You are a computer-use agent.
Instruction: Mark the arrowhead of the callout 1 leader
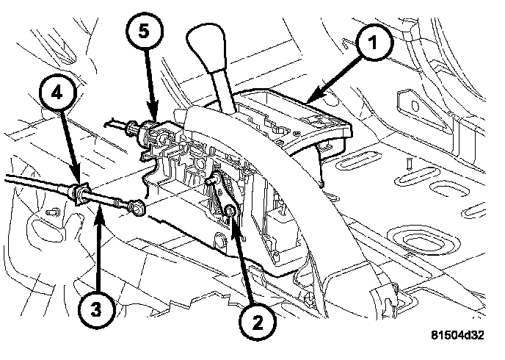309,100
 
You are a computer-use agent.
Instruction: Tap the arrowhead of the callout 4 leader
79,188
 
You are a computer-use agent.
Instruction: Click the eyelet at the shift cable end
138,209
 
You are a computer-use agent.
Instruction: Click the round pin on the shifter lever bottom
229,213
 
